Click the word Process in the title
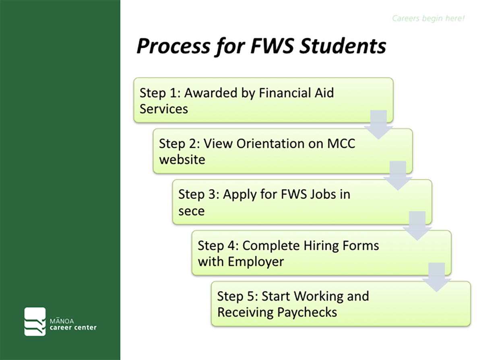(x=173, y=46)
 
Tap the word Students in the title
(x=343, y=46)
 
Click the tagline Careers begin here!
(x=428, y=19)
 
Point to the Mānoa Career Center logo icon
(x=35, y=321)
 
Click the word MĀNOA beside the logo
(x=62, y=321)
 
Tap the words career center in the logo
(x=73, y=328)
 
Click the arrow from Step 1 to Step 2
(x=378, y=125)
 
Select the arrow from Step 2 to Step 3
(x=398, y=176)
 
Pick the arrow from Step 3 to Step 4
(x=417, y=226)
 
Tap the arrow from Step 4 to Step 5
(x=436, y=277)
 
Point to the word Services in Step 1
(x=164, y=109)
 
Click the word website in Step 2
(x=182, y=160)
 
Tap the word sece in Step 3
(x=192, y=211)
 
